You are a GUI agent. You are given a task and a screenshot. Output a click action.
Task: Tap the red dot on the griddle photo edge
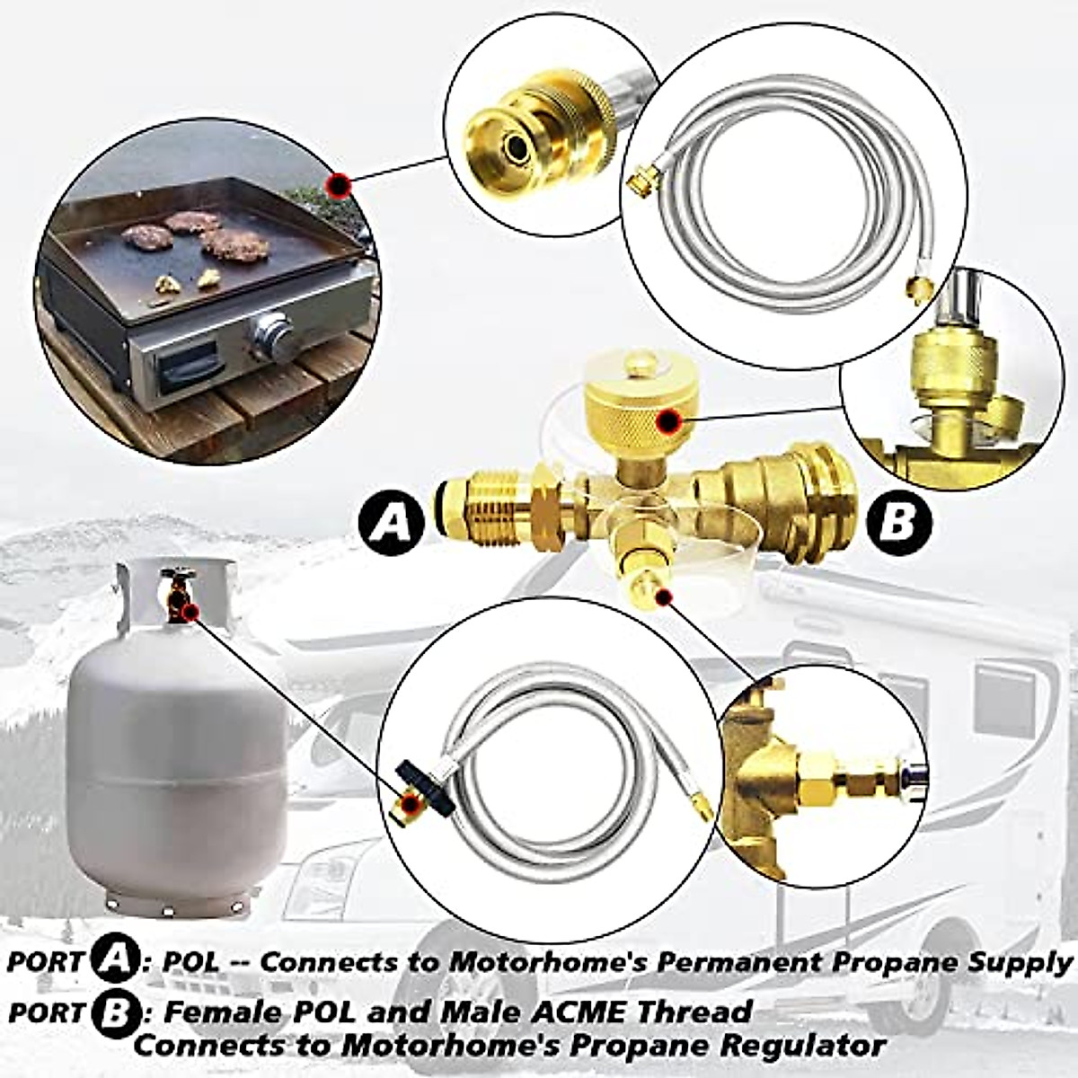click(x=338, y=186)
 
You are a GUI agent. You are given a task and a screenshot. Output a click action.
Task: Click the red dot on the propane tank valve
click(x=189, y=613)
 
